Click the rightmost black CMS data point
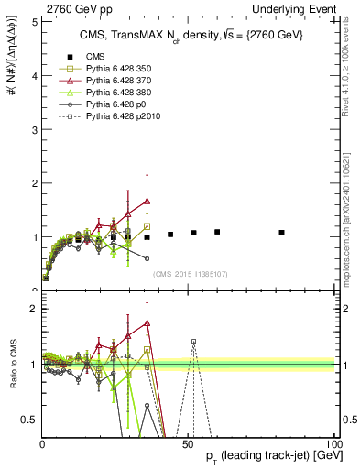[x=281, y=233]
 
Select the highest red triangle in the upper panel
[x=147, y=201]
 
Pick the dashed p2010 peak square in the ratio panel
[x=193, y=342]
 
